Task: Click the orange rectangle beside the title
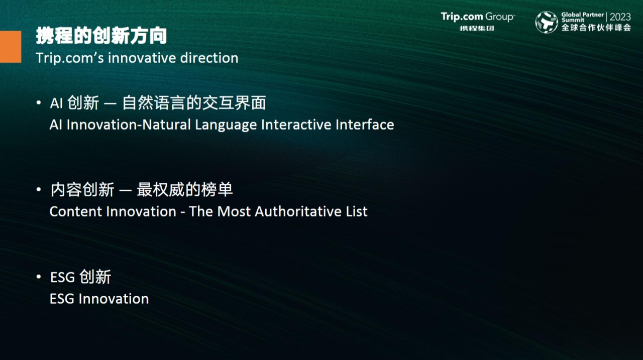(11, 47)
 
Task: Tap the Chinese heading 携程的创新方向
(101, 36)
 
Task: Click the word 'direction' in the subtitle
(209, 58)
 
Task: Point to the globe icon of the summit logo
(547, 22)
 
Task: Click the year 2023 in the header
(620, 17)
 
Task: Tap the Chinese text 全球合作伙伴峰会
(596, 28)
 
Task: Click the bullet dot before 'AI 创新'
(39, 102)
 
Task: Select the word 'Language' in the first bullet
(226, 125)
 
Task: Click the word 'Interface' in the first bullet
(365, 125)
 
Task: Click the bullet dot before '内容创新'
(39, 189)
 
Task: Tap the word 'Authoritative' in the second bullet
(298, 211)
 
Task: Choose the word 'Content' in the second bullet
(76, 212)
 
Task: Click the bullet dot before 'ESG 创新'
(39, 277)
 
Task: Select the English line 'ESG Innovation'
(99, 299)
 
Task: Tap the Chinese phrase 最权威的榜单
(184, 190)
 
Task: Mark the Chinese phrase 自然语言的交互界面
(194, 103)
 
